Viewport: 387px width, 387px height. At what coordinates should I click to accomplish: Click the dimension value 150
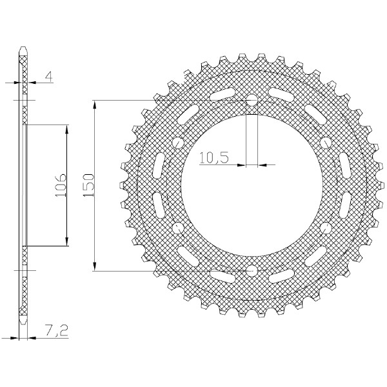pyautogui.click(x=89, y=185)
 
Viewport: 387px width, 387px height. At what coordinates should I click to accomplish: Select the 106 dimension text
pyautogui.click(x=61, y=185)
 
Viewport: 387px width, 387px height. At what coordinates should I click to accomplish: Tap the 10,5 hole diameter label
pyautogui.click(x=213, y=158)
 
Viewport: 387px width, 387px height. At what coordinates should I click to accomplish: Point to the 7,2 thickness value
pyautogui.click(x=57, y=330)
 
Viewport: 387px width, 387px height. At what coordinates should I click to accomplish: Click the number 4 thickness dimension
pyautogui.click(x=50, y=77)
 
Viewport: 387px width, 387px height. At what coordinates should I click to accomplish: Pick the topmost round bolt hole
pyautogui.click(x=252, y=100)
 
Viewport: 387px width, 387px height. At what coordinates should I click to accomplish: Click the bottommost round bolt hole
pyautogui.click(x=252, y=271)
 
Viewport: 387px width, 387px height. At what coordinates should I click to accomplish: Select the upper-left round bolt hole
pyautogui.click(x=178, y=143)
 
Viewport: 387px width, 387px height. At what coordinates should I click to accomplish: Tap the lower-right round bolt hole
pyautogui.click(x=326, y=228)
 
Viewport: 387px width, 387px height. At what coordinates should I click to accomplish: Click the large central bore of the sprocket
pyautogui.click(x=252, y=186)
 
